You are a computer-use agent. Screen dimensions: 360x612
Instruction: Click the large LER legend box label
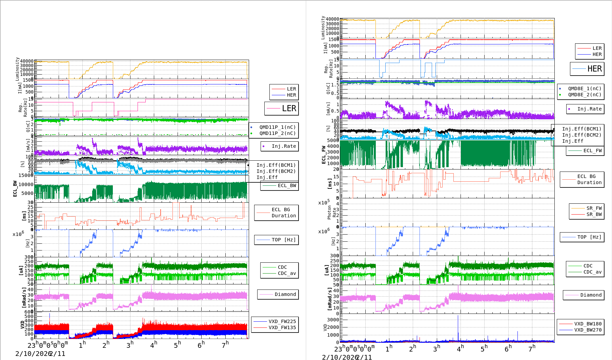coord(289,108)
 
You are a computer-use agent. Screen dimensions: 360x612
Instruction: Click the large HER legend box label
coord(594,69)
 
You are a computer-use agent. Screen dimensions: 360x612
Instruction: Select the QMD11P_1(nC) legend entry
coord(277,127)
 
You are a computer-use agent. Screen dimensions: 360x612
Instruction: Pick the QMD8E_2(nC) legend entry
coord(585,95)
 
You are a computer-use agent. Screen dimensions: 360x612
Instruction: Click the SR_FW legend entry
coord(594,208)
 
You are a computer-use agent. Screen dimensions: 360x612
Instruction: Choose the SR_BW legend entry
coord(594,214)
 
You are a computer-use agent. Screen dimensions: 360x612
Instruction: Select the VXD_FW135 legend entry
coord(282,327)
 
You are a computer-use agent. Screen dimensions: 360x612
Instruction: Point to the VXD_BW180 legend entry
coord(588,324)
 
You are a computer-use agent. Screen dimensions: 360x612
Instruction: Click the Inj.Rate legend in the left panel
coord(284,146)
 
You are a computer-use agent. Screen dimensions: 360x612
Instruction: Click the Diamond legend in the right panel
coord(591,295)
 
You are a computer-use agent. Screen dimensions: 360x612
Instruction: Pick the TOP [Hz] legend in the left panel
coord(283,240)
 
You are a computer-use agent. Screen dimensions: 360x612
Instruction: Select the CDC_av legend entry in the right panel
coord(592,272)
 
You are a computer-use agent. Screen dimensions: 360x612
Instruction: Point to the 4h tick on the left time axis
coord(154,344)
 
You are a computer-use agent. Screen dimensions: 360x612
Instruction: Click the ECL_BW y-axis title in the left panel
coord(15,188)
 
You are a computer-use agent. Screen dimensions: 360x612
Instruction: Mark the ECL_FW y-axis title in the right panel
coord(324,155)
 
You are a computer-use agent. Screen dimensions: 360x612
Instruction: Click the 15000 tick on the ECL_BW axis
coord(26,175)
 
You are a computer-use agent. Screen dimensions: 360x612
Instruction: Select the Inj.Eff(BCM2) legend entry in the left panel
coord(276,171)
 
